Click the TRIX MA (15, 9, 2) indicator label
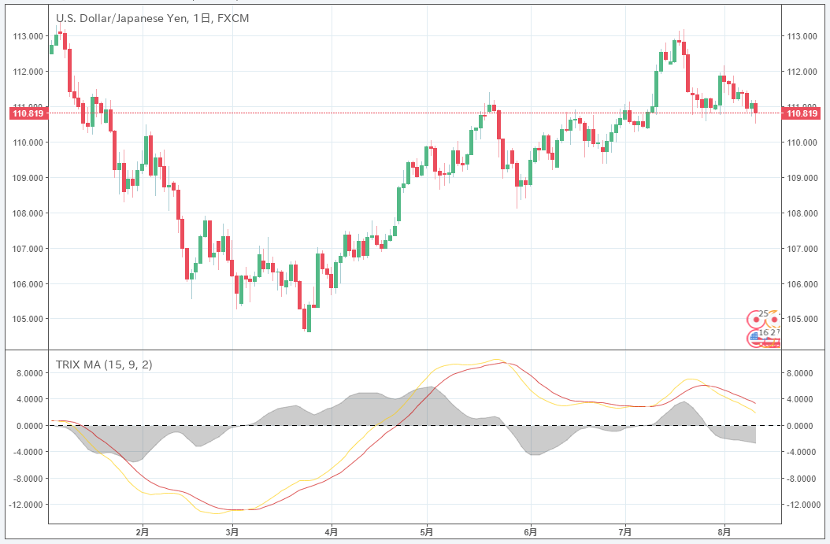click(x=104, y=365)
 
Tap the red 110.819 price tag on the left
click(x=28, y=113)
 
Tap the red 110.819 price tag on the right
click(x=801, y=113)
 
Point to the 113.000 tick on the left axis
click(x=27, y=36)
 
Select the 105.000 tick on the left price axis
click(x=27, y=319)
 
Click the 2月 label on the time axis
click(x=143, y=532)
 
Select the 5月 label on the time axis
click(x=427, y=532)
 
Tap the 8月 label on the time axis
click(x=724, y=532)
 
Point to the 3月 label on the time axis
click(x=232, y=532)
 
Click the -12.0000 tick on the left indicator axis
click(x=25, y=505)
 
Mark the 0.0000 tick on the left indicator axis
click(x=28, y=426)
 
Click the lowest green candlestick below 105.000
click(x=309, y=318)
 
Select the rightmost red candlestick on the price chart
click(x=755, y=108)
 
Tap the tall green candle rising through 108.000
click(x=399, y=204)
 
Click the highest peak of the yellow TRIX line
click(x=495, y=360)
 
